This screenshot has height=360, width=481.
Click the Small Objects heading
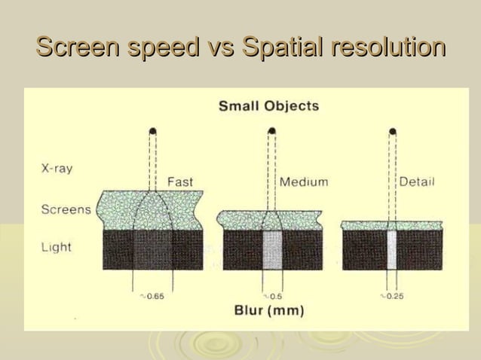tap(268, 106)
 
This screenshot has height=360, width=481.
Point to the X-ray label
tap(57, 169)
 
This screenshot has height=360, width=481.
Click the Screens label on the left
tap(66, 209)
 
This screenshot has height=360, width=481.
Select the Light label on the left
tap(57, 247)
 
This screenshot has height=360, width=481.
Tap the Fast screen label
tap(179, 182)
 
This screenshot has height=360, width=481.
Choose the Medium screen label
tap(304, 182)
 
